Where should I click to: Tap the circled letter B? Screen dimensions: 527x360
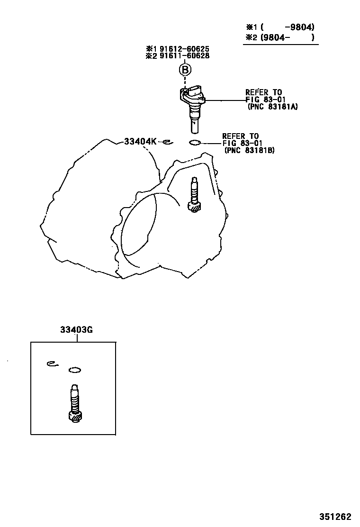click(185, 70)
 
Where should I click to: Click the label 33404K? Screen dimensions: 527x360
click(140, 141)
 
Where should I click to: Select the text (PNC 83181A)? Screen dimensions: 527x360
click(272, 107)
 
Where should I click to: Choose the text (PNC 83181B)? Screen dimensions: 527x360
click(250, 150)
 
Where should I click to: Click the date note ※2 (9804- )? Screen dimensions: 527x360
click(280, 37)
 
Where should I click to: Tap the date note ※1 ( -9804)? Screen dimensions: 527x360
click(280, 27)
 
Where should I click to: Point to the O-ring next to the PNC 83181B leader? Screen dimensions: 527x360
click(195, 143)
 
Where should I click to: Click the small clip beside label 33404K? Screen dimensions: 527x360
click(166, 141)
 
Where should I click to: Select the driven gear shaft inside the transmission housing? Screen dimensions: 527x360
click(194, 191)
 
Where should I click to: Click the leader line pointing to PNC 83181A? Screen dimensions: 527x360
click(225, 100)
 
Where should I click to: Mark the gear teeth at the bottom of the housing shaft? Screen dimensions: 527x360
click(195, 207)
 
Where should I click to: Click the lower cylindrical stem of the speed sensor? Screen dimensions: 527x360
click(194, 126)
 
